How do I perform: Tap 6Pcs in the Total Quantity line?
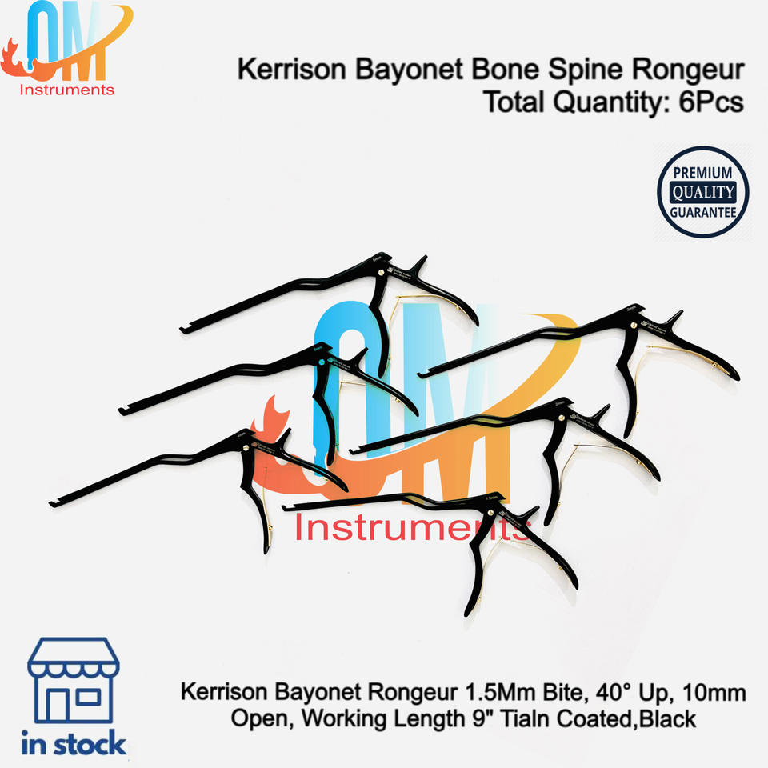[707, 103]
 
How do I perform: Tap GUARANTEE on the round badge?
[702, 212]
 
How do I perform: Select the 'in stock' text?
[74, 744]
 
